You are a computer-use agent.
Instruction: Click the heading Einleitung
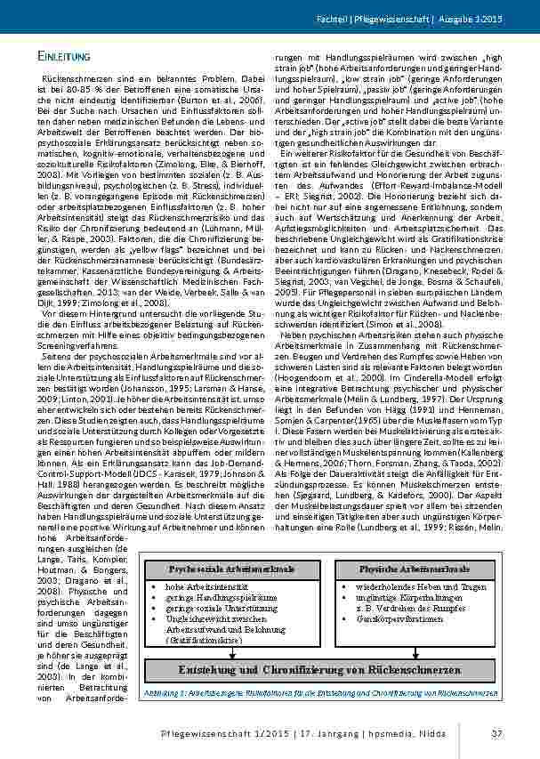(64, 58)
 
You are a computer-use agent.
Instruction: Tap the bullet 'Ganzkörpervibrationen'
(398, 617)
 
